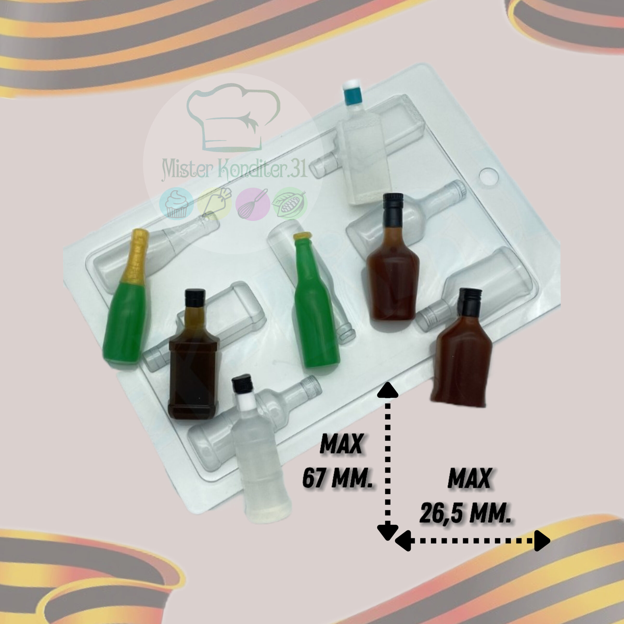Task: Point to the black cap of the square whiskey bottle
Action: [195, 298]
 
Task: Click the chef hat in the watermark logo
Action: [233, 118]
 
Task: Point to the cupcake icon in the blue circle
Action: [176, 204]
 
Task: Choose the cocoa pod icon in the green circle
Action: [290, 204]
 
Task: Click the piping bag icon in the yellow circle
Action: [215, 204]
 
